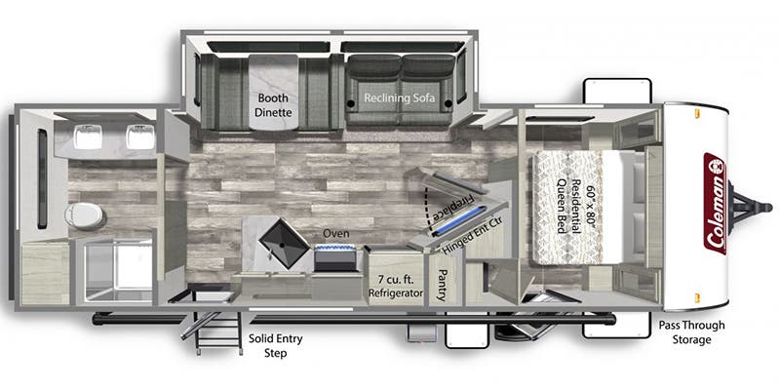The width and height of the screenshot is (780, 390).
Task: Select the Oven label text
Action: pyautogui.click(x=337, y=234)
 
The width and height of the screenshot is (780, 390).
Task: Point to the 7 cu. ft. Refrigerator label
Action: pyautogui.click(x=394, y=286)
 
